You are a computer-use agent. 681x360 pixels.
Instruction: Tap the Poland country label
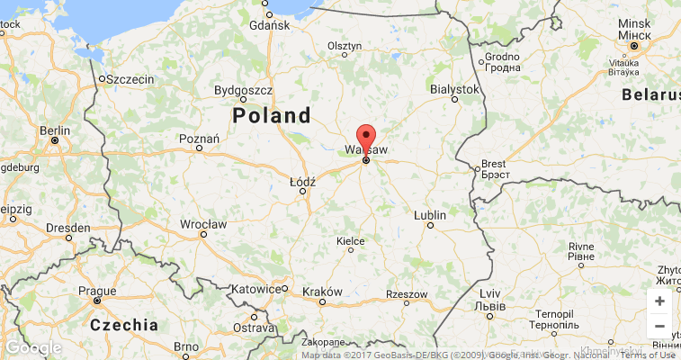[x=271, y=115]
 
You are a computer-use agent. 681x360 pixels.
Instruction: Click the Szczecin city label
[x=130, y=79]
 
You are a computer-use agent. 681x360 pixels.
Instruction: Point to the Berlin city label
[x=55, y=130]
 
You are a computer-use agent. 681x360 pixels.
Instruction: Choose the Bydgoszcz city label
[x=243, y=90]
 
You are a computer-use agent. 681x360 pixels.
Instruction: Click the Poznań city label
[x=200, y=139]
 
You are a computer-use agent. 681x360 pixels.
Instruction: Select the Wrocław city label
[x=202, y=223]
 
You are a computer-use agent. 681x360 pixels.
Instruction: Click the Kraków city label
[x=323, y=292]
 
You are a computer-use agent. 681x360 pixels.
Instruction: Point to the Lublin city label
[x=430, y=215]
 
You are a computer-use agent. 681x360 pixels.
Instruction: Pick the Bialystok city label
[x=454, y=90]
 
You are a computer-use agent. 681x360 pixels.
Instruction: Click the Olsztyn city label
[x=345, y=45]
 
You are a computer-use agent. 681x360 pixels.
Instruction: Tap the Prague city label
[x=97, y=291]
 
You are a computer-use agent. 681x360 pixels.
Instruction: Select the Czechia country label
[x=124, y=325]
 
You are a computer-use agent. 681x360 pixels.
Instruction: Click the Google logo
[x=33, y=347]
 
